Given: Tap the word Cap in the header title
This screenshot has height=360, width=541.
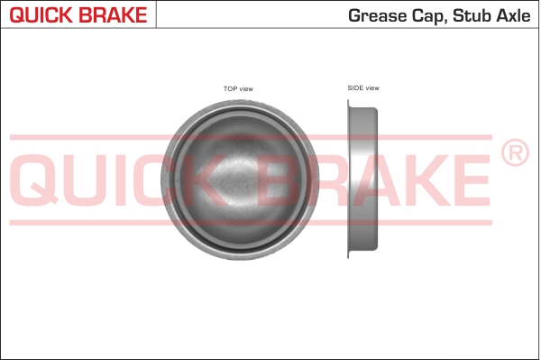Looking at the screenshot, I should point(429,14).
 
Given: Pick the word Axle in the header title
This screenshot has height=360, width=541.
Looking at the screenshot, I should point(515,14).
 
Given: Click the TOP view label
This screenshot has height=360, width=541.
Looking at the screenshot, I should point(238,88).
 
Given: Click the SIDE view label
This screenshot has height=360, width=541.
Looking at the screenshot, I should point(363,88).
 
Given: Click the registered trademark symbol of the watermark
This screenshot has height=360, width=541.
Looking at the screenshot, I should point(513,154).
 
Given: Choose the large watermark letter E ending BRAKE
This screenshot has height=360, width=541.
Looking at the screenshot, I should point(469,178).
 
